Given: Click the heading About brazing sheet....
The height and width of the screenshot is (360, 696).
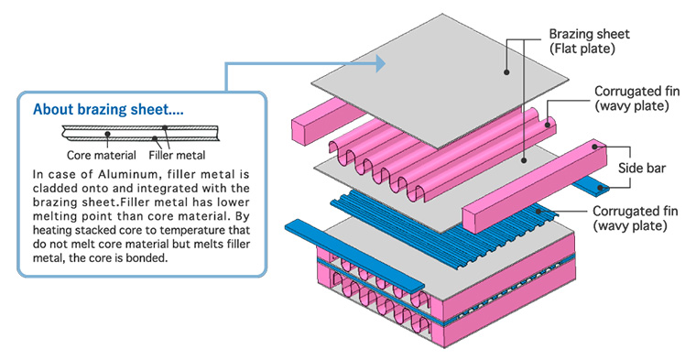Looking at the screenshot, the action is pos(108,109).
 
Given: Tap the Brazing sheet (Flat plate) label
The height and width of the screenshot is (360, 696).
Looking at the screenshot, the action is pos(590,41).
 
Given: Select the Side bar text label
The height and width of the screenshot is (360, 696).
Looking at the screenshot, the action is pos(641,169).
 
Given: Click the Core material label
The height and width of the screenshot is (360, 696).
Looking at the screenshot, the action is pos(102,156).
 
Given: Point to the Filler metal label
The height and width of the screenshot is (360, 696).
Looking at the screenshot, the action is pos(177,156).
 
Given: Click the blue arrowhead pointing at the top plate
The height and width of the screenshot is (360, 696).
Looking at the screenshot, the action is pos(380,63).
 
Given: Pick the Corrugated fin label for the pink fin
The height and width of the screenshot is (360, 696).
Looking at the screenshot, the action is pos(636,99).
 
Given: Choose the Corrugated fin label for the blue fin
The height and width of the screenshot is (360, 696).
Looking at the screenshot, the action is pos(636,218).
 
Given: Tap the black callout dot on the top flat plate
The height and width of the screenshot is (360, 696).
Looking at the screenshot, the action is pos(506,72).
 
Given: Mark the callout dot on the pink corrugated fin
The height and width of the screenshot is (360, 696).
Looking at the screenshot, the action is pos(548,125).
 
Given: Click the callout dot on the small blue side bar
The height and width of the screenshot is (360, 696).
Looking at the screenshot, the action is pos(601,188).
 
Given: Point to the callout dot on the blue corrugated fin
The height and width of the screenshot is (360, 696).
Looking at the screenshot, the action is pos(538,212).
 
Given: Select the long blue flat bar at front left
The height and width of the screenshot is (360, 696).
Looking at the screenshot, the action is pos(354,256).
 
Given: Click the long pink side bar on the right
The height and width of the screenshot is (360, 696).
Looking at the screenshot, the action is pos(535,183).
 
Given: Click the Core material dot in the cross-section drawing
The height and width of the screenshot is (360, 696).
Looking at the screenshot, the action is pos(107,133).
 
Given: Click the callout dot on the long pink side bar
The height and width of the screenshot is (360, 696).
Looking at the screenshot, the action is pos(595,146).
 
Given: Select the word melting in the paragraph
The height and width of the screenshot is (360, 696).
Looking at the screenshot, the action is pos(50,216).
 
